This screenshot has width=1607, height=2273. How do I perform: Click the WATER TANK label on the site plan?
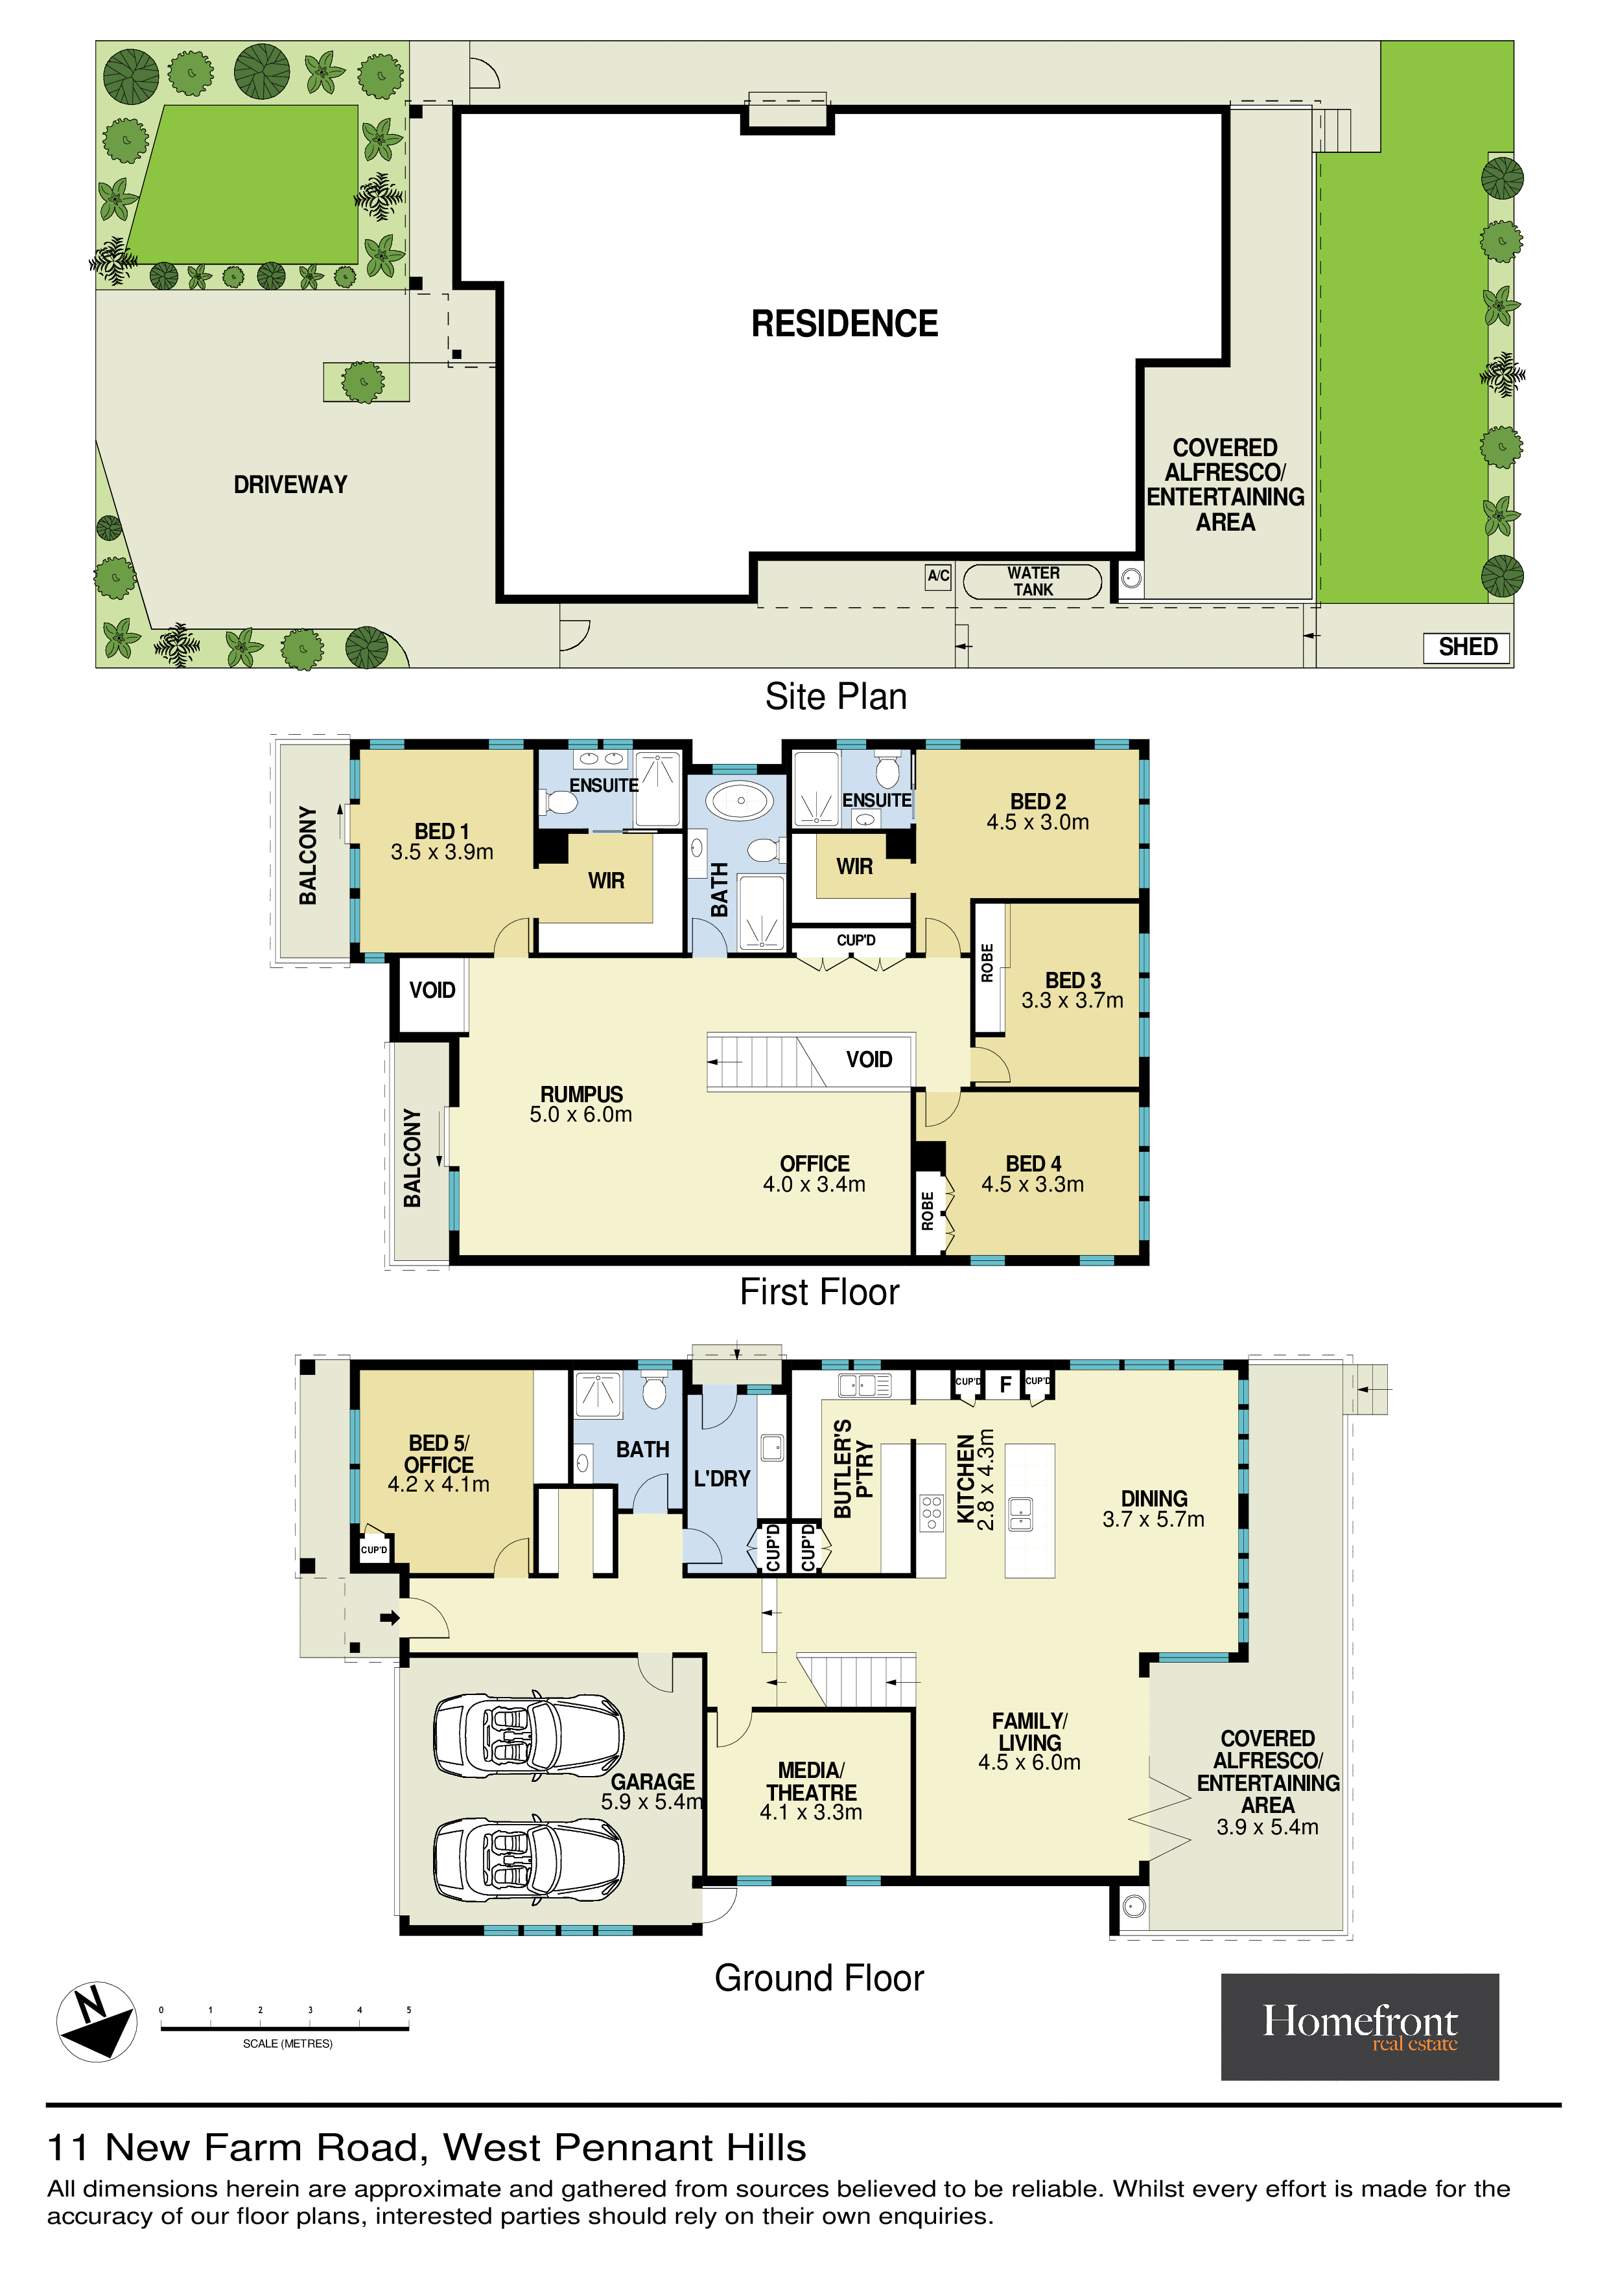(x=1033, y=581)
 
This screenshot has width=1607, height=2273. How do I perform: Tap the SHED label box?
(x=1468, y=647)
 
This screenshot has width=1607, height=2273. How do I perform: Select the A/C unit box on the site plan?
(x=937, y=576)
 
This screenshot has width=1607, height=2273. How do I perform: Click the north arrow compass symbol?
(x=96, y=2022)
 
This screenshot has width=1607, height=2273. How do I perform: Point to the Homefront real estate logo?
(x=1359, y=2027)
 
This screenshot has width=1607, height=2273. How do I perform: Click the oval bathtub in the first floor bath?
(x=741, y=800)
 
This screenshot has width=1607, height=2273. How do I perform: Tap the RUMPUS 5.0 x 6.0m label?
(x=581, y=1104)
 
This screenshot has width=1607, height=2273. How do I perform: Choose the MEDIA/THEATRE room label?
(x=811, y=1791)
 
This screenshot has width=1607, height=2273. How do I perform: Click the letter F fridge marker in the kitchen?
(x=1005, y=1384)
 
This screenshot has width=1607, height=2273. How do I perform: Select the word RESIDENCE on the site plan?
(x=845, y=324)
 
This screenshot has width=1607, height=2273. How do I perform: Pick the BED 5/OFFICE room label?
(x=439, y=1463)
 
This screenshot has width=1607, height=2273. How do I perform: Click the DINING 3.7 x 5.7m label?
(x=1153, y=1508)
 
